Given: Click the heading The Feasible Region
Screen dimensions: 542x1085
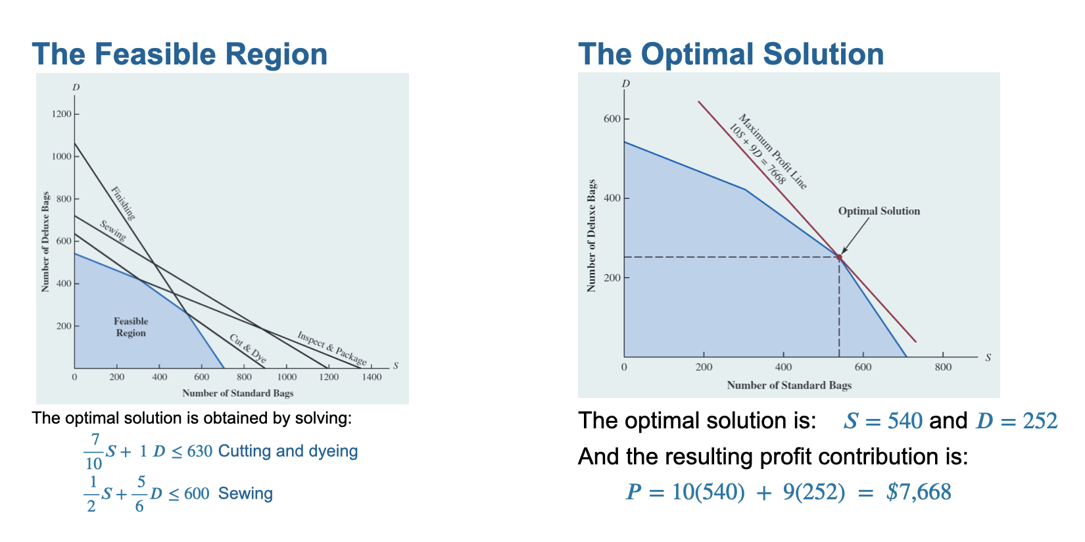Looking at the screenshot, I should [x=180, y=54].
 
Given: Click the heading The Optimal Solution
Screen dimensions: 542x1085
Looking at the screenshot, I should [x=731, y=54].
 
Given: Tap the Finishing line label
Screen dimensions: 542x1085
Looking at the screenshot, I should [x=123, y=203].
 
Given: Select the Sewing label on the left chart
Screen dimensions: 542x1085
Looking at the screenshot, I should [x=112, y=230].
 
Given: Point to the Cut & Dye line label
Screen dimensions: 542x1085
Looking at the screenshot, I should [x=248, y=349].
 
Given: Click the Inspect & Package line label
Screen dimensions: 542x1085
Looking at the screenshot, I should [x=332, y=348].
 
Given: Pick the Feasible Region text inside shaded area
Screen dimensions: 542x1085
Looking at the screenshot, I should [x=131, y=327].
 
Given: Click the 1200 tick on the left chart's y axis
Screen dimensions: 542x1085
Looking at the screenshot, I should [x=62, y=114].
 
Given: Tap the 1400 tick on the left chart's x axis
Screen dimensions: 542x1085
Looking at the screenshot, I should [x=371, y=377].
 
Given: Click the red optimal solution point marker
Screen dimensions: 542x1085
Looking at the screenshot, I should [x=839, y=257].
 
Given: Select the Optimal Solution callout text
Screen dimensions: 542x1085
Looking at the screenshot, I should [x=879, y=211].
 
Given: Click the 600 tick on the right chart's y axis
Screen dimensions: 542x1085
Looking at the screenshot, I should [x=612, y=119].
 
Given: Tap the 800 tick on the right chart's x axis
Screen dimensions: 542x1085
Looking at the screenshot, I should [x=942, y=367].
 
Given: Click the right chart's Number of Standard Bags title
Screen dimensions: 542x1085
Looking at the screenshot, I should [x=788, y=385].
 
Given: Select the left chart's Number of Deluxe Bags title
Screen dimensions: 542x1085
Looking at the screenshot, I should [x=45, y=242].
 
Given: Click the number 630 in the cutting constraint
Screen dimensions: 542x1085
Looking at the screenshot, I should [x=199, y=451].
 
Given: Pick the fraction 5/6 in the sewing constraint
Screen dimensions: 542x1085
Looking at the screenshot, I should [x=140, y=493].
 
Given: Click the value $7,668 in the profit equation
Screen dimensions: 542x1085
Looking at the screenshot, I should [x=919, y=492].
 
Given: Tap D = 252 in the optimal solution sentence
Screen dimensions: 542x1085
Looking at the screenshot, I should [x=1017, y=420].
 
